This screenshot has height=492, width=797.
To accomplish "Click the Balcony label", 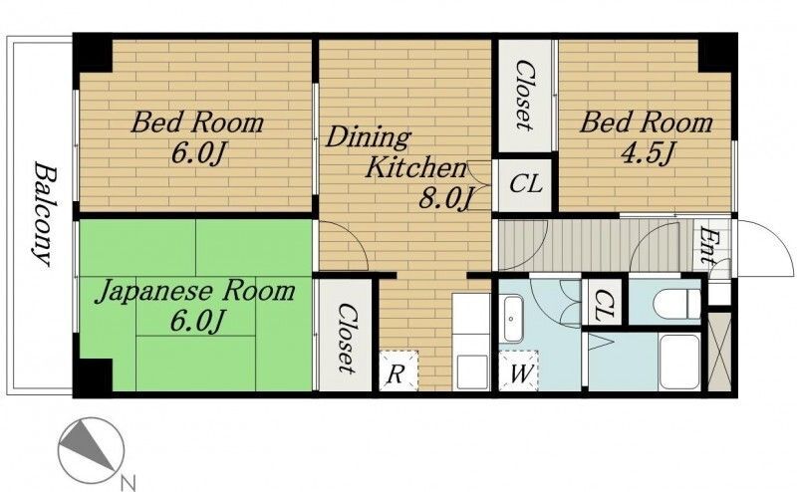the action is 45,213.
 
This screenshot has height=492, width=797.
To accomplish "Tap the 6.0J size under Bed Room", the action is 197,153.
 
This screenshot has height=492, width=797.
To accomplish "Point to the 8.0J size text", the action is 444,199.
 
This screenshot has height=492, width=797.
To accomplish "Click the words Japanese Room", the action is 195,292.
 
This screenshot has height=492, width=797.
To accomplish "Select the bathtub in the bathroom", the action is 679,362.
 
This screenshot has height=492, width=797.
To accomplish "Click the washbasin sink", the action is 512,319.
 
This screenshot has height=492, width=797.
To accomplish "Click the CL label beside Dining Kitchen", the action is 526,184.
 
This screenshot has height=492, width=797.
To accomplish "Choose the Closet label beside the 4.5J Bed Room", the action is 524,95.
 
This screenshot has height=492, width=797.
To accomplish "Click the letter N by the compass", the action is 129,481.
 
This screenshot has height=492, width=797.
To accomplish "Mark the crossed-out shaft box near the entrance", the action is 718,352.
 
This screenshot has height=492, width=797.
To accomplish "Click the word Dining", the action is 368,137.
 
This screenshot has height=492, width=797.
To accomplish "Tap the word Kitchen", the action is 415,167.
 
